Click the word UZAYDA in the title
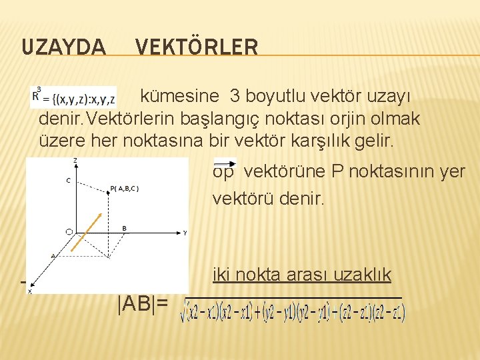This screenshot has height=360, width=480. point(63,47)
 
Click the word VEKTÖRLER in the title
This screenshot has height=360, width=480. point(197,47)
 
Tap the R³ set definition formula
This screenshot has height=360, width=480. point(74,96)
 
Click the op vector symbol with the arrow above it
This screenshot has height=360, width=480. point(225,170)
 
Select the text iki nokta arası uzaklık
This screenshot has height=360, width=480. point(301,274)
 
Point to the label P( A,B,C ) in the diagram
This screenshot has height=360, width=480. point(125,187)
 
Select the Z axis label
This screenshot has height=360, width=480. point(75,161)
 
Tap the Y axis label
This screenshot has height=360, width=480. point(185,233)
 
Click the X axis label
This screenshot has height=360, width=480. point(30,290)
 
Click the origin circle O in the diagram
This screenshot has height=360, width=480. point(69,231)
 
